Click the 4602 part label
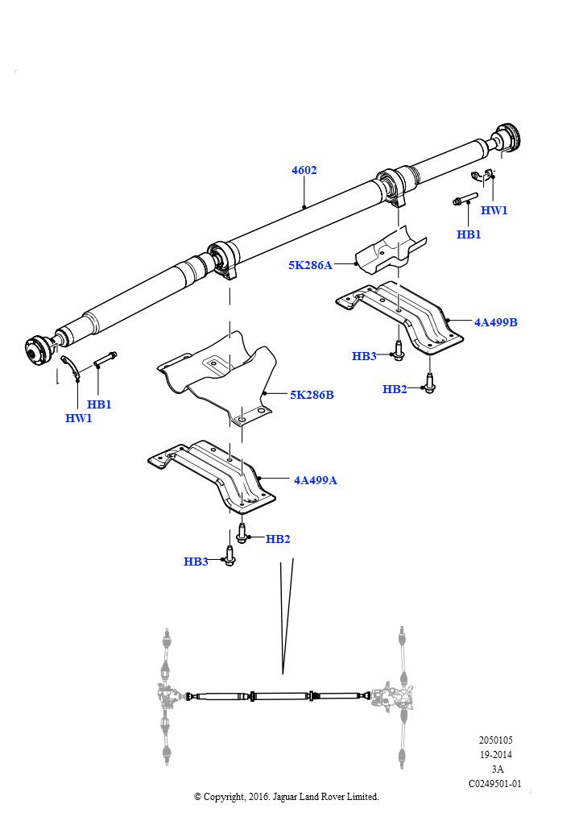tap(304, 170)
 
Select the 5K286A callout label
tap(310, 264)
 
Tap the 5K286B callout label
tap(312, 396)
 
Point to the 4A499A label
tap(315, 480)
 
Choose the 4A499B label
tap(495, 322)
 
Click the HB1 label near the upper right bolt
tap(469, 234)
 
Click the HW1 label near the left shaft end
tap(79, 418)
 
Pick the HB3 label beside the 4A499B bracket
tap(364, 356)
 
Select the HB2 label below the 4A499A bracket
tap(278, 539)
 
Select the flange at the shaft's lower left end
tap(37, 349)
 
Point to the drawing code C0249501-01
tap(495, 783)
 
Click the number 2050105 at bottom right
tap(495, 740)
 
